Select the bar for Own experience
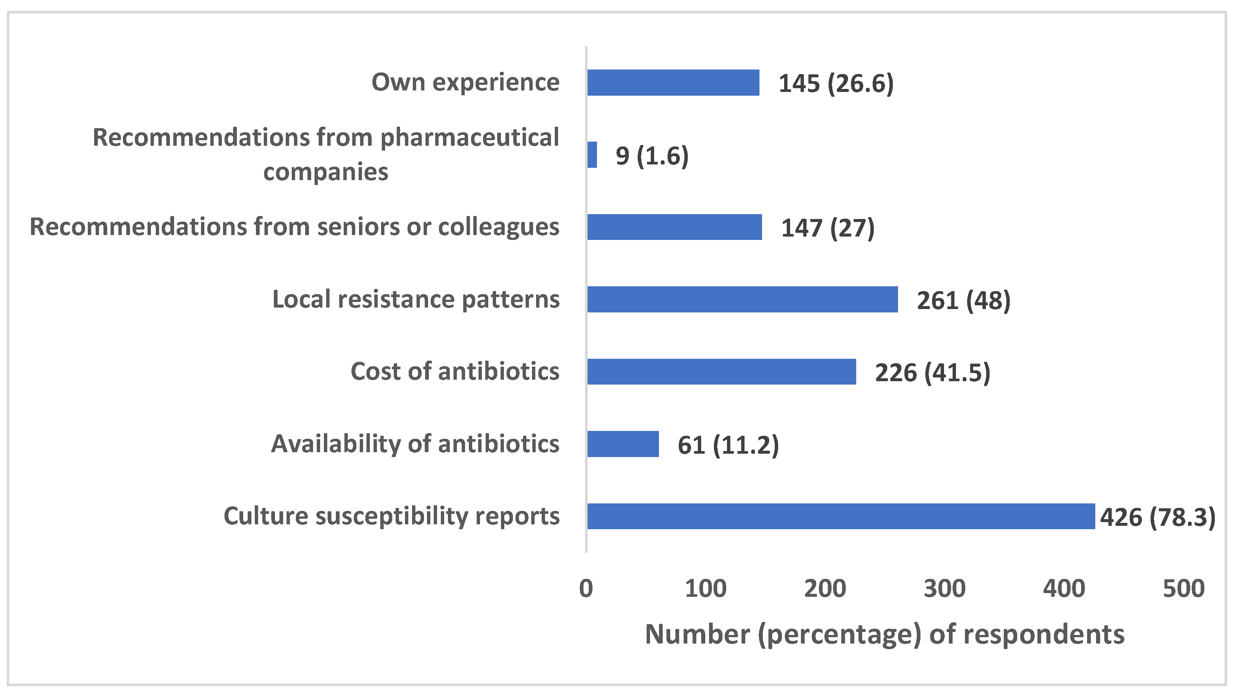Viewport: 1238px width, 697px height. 673,83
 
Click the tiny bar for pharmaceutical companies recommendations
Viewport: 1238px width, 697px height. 592,155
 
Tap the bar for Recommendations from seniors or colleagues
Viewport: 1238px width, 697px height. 674,227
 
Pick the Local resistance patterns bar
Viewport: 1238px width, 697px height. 743,299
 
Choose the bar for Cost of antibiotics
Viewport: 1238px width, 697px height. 721,371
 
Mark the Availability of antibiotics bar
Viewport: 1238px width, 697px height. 623,444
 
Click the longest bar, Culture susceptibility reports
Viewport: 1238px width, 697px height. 841,516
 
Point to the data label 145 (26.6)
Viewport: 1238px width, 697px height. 836,84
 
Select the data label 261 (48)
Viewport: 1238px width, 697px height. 963,300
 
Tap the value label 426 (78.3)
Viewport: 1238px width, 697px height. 1158,517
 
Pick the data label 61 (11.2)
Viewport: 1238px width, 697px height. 728,445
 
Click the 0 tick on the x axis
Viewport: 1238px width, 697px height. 586,588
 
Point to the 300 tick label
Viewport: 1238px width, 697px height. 944,588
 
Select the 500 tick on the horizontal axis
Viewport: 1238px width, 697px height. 1183,588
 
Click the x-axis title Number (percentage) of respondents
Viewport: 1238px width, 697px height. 884,634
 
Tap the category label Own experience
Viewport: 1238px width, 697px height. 465,82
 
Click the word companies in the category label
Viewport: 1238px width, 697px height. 325,172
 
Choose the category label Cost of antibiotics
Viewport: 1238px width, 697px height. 455,371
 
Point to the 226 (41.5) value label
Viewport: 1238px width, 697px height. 932,373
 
